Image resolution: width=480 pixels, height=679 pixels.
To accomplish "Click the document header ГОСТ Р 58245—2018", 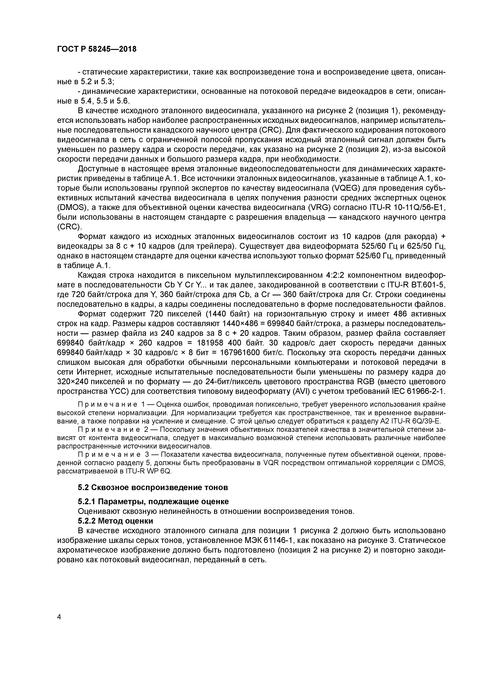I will click(97, 49).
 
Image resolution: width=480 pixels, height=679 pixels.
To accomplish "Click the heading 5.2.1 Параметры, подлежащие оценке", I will click(153, 502).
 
